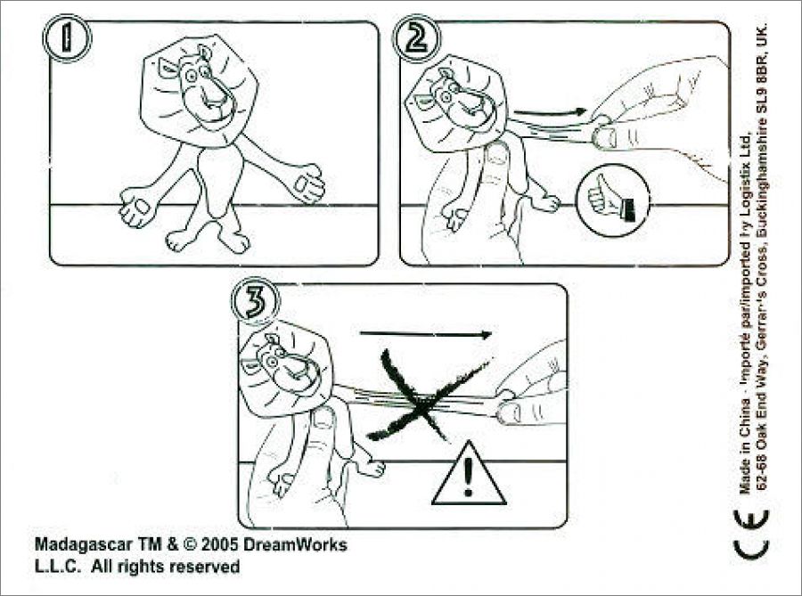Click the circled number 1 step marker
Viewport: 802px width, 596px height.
click(x=67, y=37)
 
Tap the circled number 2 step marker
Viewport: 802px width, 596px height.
click(x=416, y=39)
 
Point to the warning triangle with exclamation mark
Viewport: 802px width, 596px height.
click(x=469, y=473)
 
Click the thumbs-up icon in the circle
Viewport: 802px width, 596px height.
click(x=612, y=200)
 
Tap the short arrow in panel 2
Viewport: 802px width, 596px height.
click(x=550, y=111)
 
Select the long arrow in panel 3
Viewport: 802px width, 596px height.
click(x=426, y=334)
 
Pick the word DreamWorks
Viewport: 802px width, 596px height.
click(x=295, y=544)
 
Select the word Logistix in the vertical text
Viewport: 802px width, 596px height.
click(x=745, y=182)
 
